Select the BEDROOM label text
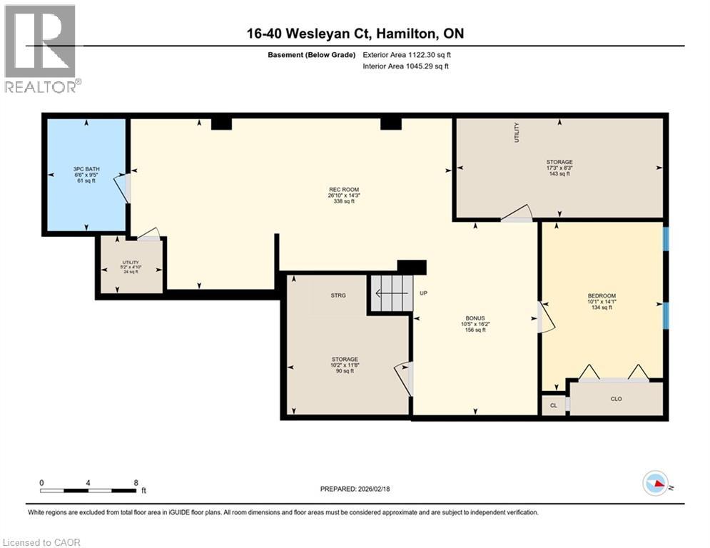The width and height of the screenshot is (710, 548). (602, 296)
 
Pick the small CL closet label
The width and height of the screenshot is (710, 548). (553, 405)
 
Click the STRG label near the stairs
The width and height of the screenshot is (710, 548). (338, 295)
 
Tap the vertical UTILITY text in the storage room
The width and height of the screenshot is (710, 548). (517, 133)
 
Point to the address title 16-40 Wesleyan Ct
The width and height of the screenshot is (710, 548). (355, 34)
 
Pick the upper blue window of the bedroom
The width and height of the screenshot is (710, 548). (666, 240)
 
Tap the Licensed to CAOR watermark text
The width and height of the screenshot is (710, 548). (41, 542)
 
